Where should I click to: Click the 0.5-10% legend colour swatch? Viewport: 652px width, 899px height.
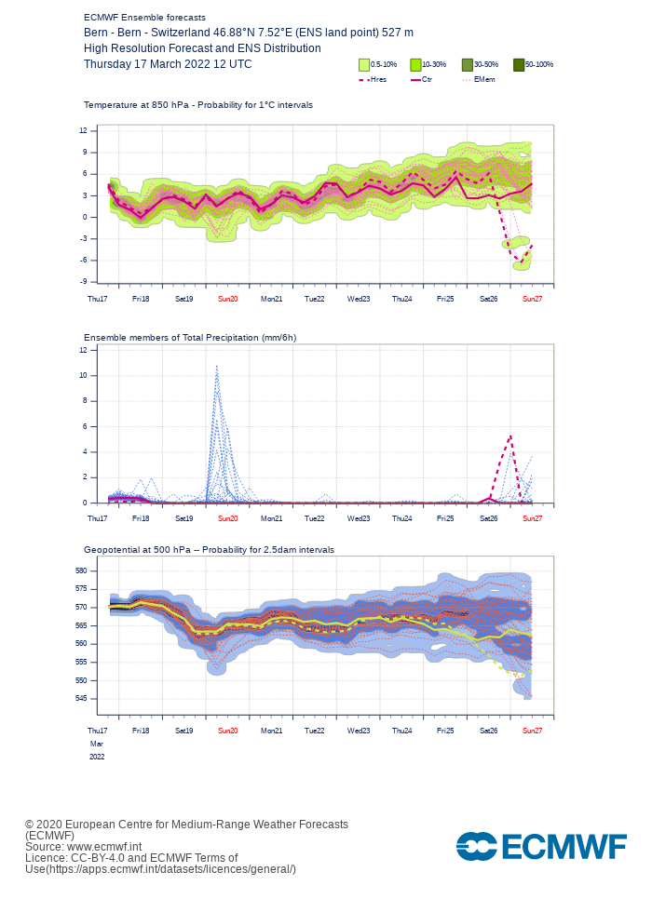364,65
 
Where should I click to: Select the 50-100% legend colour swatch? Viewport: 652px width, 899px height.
519,65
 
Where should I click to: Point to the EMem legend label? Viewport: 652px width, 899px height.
484,80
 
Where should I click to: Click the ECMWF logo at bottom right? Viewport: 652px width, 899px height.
541,846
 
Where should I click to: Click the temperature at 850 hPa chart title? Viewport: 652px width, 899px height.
198,105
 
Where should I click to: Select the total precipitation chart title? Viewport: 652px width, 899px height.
190,337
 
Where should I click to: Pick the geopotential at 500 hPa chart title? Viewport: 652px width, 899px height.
209,550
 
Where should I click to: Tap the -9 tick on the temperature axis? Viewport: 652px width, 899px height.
83,281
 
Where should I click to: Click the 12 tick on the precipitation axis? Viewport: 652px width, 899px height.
83,350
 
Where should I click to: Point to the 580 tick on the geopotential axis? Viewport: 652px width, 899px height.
80,570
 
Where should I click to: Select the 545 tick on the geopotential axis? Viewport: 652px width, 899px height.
80,698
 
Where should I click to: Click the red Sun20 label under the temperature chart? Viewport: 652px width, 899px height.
227,299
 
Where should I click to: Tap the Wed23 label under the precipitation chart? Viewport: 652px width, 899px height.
359,517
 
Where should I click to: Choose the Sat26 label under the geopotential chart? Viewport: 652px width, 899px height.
489,731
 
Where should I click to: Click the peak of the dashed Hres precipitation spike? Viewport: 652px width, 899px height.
510,435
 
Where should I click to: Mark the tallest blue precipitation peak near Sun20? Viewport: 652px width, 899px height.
217,366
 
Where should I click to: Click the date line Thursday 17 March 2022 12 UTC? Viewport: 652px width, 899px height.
168,64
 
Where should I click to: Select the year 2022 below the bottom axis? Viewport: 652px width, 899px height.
97,757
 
